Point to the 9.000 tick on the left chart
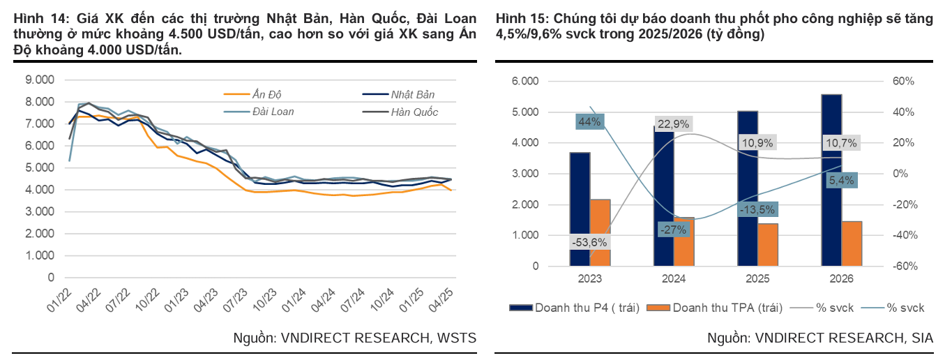tap(39, 80)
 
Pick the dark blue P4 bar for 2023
tap(580, 209)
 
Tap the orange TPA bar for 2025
tap(768, 244)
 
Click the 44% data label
tap(589, 121)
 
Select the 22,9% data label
tap(673, 124)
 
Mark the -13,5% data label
tap(757, 210)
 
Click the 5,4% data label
tap(840, 181)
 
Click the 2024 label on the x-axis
tap(674, 278)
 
